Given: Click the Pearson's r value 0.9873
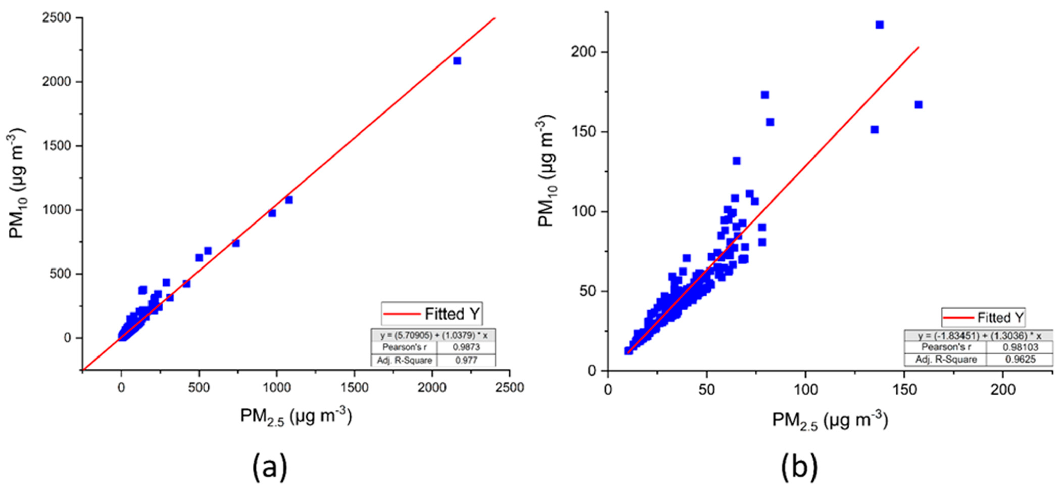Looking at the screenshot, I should coord(466,347).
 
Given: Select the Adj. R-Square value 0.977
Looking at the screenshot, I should coord(466,360).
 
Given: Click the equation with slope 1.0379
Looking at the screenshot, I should coord(434,335).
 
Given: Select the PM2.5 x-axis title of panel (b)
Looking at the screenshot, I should coord(829,421).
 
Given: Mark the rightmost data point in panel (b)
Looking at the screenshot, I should coord(918,105).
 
